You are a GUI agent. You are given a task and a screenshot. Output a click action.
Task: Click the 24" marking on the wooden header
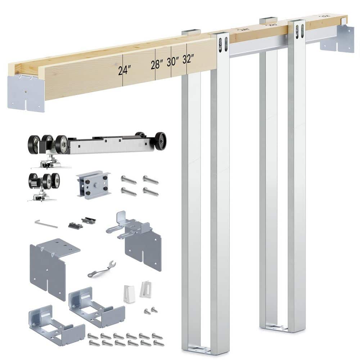[x=124, y=71]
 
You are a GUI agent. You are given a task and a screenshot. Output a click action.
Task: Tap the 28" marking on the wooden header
[x=157, y=65]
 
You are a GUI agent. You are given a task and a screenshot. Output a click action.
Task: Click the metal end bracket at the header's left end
[x=26, y=93]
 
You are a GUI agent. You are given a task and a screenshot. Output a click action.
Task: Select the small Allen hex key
[x=46, y=224]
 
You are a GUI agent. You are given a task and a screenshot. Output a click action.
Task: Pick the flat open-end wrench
[x=102, y=269]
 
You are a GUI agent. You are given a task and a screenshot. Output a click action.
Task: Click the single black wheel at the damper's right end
[x=160, y=141]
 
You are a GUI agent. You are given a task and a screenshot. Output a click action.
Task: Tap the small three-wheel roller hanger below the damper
[x=43, y=185]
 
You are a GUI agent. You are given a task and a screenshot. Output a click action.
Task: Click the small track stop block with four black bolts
[x=94, y=185]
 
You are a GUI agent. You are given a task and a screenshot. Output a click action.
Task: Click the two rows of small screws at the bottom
[x=124, y=339]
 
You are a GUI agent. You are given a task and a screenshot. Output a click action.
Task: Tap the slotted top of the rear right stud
[x=297, y=31]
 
